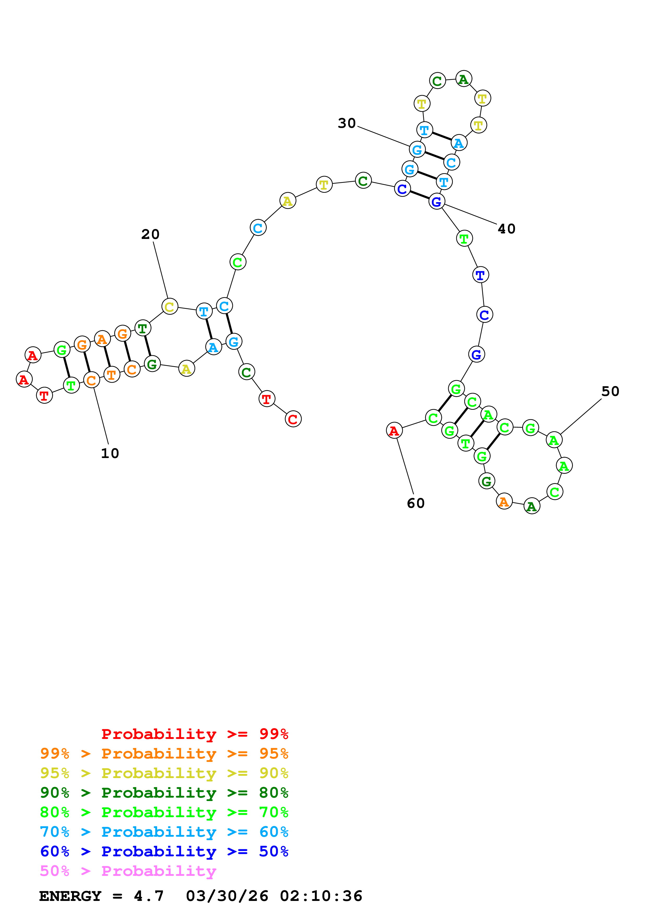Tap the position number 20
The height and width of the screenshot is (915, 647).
[150, 234]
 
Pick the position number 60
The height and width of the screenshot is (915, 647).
[415, 503]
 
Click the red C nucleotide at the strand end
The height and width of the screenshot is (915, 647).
[293, 419]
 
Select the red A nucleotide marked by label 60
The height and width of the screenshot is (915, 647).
[394, 430]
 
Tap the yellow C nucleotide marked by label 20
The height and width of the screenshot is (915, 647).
[169, 306]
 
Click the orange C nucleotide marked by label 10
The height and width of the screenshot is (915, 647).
[91, 380]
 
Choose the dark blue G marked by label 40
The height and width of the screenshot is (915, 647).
[437, 202]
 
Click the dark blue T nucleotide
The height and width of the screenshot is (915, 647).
[480, 275]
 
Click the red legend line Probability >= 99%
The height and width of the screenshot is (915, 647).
[194, 734]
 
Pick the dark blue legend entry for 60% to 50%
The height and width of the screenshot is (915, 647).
[164, 852]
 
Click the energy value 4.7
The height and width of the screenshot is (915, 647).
[148, 896]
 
